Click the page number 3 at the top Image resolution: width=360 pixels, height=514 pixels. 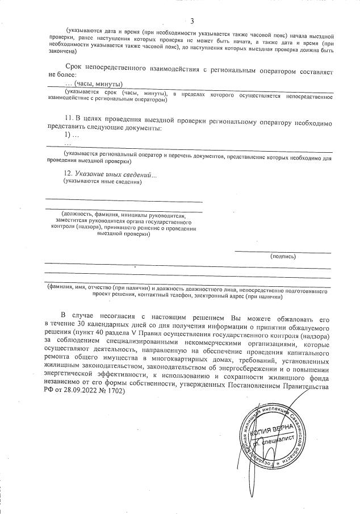point(192,21)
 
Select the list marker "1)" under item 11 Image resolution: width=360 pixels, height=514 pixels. point(70,136)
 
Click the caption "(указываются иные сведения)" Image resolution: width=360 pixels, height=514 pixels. point(103,182)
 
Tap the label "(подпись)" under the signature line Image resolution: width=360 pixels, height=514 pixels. point(283,256)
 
